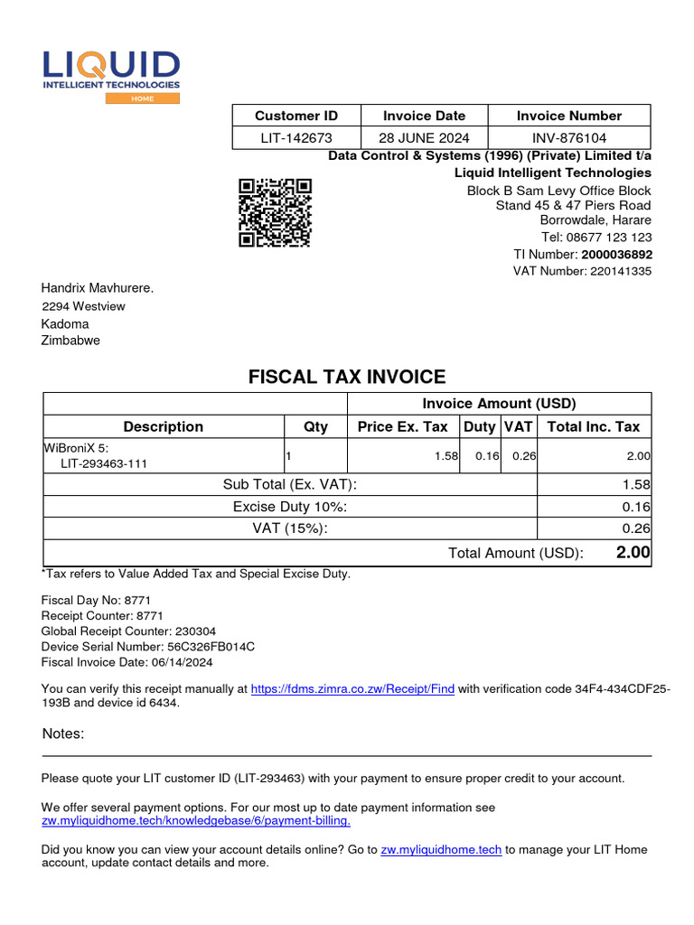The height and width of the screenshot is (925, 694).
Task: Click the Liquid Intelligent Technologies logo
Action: pyautogui.click(x=111, y=75)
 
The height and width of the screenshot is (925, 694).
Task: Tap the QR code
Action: pyautogui.click(x=275, y=212)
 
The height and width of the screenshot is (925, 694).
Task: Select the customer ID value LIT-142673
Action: pyautogui.click(x=296, y=137)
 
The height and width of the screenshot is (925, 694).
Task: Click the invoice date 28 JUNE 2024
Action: pyautogui.click(x=424, y=137)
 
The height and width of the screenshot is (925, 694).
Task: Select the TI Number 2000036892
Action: pyautogui.click(x=616, y=254)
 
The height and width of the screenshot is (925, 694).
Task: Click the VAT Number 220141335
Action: pyautogui.click(x=620, y=271)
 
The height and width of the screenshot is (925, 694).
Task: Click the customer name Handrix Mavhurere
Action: pyautogui.click(x=98, y=287)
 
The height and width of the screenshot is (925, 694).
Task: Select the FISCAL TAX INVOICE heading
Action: pyautogui.click(x=347, y=377)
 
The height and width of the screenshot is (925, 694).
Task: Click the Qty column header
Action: pyautogui.click(x=315, y=426)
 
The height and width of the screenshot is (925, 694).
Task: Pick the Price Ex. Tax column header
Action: pyautogui.click(x=402, y=426)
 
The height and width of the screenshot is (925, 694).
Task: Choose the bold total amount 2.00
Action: pyautogui.click(x=633, y=552)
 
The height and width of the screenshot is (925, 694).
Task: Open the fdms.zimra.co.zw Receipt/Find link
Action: pyautogui.click(x=352, y=688)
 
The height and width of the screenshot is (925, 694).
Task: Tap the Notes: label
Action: pyautogui.click(x=63, y=733)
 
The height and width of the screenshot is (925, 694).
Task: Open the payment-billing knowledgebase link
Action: pyautogui.click(x=196, y=821)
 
